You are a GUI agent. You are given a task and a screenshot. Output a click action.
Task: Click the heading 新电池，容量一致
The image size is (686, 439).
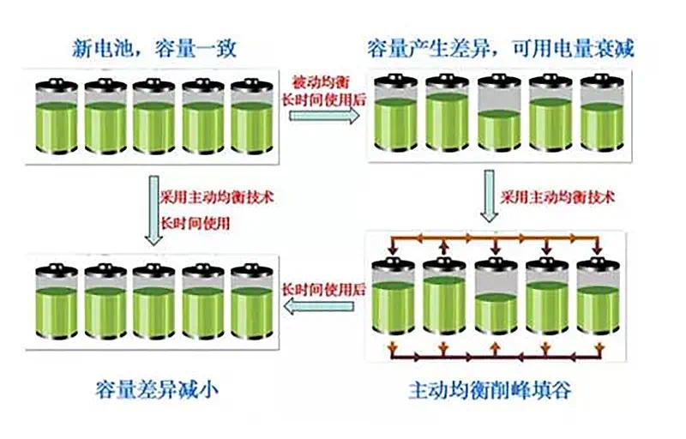tap(154, 48)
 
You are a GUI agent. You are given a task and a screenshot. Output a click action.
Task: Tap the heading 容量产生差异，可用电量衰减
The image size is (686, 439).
tap(500, 48)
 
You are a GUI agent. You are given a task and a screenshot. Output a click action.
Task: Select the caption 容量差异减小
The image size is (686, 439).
tap(156, 389)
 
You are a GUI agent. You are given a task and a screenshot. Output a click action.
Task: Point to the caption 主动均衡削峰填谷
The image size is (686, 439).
tap(490, 390)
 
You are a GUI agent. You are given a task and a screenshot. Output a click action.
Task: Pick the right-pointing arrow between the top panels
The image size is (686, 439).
tap(324, 116)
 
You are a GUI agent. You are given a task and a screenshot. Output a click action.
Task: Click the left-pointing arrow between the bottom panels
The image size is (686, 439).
tap(318, 305)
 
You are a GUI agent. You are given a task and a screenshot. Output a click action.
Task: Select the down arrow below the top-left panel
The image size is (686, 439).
tap(154, 210)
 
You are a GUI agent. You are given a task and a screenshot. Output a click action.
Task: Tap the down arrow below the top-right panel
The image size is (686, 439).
tap(489, 195)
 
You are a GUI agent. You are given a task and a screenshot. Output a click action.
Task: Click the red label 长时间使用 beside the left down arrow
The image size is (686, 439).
tap(196, 224)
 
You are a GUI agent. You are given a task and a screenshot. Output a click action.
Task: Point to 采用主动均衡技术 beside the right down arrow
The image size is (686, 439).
tap(557, 197)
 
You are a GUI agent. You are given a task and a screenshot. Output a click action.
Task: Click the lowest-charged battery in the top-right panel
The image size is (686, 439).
tap(499, 114)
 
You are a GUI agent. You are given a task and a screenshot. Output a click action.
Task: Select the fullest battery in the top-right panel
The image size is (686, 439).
tap(447, 113)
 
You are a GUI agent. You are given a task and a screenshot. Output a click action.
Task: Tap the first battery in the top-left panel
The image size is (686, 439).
tap(57, 116)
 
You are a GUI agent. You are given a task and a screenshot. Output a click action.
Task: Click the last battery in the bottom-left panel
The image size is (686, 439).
tap(252, 301)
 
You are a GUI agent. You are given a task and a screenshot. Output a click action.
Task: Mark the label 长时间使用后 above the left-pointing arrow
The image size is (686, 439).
tap(323, 289)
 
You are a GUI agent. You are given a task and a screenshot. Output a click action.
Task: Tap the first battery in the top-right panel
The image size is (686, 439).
tap(395, 114)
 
